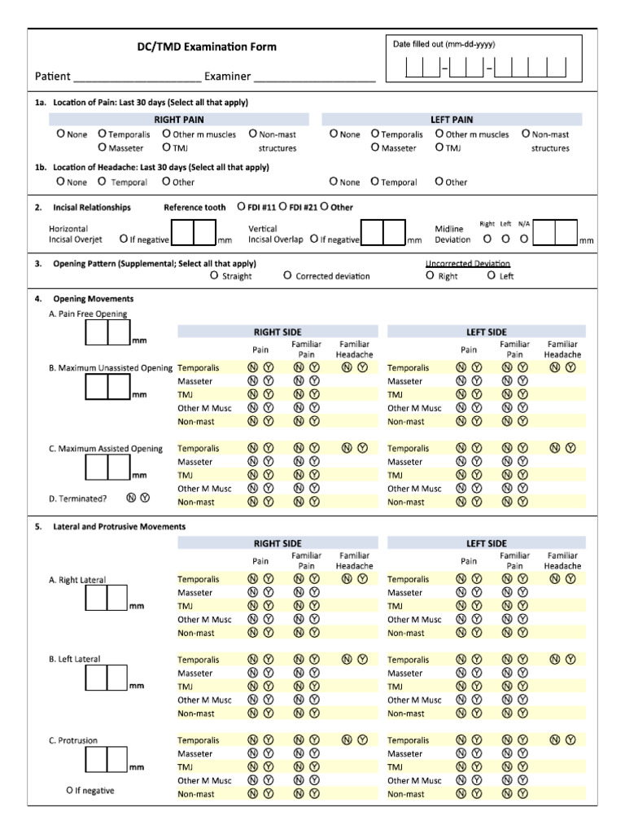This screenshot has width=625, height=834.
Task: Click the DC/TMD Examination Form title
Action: click(x=206, y=46)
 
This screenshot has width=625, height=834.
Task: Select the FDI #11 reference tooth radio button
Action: click(x=242, y=206)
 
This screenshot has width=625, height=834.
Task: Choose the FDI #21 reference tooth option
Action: click(x=284, y=206)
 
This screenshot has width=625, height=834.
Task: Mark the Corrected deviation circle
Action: click(x=288, y=275)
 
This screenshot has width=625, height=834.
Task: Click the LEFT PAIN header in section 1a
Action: click(x=452, y=119)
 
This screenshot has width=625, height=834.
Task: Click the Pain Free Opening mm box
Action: click(x=107, y=332)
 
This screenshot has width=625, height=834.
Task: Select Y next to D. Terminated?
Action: click(x=145, y=497)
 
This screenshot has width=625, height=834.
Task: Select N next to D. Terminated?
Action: click(x=131, y=497)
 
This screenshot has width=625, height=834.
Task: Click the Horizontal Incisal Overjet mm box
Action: click(x=194, y=233)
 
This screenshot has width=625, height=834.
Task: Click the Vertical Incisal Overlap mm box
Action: click(x=382, y=233)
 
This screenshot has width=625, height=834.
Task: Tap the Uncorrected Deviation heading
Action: click(x=468, y=263)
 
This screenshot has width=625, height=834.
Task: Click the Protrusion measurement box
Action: click(x=107, y=760)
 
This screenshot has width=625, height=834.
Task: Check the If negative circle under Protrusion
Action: click(x=70, y=790)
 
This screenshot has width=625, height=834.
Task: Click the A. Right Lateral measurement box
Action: click(x=107, y=599)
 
